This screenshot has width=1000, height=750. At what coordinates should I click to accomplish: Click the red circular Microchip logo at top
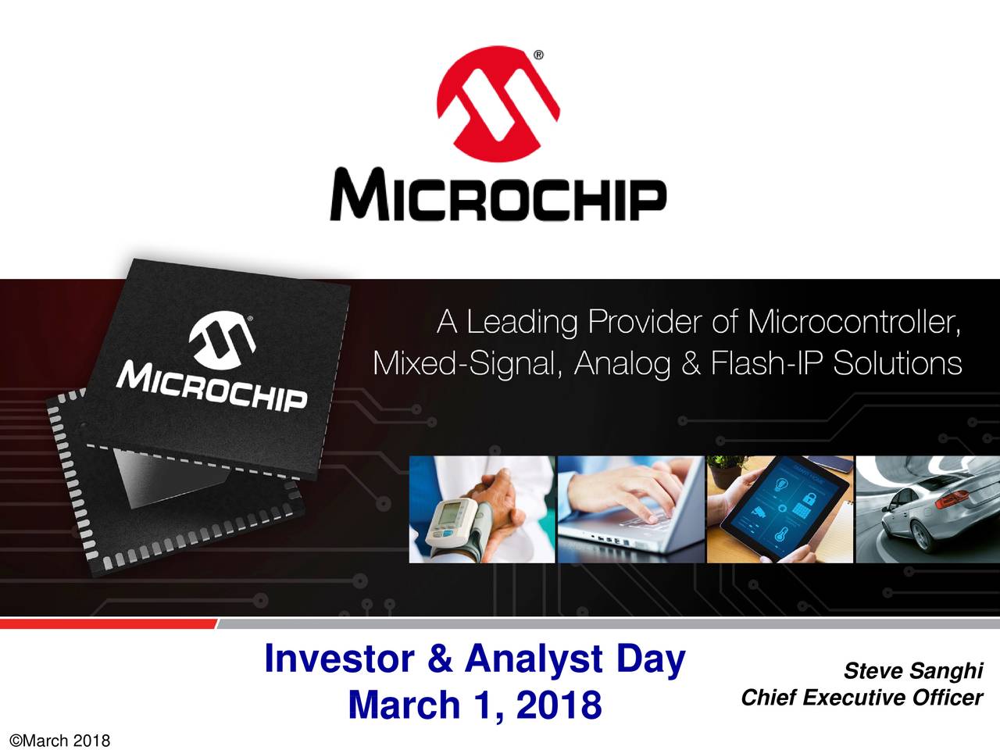point(498,105)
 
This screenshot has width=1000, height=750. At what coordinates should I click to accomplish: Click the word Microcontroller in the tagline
point(852,322)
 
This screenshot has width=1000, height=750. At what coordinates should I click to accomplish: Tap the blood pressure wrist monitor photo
point(482,509)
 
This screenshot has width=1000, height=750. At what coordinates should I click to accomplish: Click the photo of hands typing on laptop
point(630,509)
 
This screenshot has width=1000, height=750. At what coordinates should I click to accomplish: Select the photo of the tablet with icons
point(780,509)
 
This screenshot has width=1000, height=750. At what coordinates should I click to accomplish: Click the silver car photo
point(927,509)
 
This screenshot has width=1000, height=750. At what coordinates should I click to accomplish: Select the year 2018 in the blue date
point(558,705)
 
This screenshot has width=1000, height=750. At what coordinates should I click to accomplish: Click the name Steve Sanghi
point(912,671)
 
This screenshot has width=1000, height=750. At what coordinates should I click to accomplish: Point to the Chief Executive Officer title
point(861,697)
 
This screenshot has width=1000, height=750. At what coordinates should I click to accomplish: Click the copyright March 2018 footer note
point(58,740)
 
